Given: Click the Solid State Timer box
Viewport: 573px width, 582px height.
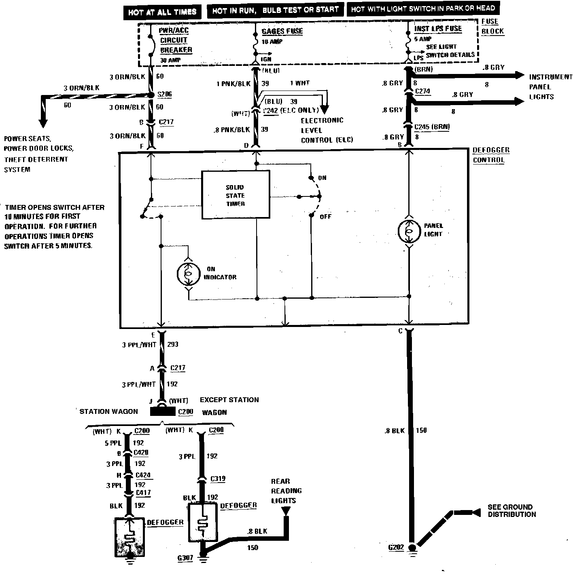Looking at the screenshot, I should coord(236,195).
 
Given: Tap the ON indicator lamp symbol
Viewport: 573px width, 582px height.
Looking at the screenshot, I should coord(189,274).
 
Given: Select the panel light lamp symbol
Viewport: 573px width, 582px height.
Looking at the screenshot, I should coord(409,231).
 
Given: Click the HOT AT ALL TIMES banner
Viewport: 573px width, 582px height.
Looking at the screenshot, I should coord(162,12).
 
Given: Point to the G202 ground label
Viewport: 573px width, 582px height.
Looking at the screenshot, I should coord(396,548).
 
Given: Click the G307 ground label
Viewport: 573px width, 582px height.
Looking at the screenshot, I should coord(185,558).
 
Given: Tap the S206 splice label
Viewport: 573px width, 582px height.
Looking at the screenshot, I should coord(164,95).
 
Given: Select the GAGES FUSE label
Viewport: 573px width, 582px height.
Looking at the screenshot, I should coord(282,31).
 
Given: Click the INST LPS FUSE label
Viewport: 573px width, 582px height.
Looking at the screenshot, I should coord(438,29).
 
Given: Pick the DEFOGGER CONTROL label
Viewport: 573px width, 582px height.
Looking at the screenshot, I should coord(491,155).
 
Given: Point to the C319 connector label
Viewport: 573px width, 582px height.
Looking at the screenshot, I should coord(218,479).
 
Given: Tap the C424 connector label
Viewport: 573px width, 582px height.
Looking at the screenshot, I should coord(143,475).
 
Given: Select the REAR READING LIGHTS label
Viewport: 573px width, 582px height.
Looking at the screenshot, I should coord(286,491).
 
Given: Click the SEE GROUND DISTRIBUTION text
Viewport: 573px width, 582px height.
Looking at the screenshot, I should coord(511,511).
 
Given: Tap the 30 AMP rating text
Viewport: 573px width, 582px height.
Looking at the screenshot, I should coord(170,60).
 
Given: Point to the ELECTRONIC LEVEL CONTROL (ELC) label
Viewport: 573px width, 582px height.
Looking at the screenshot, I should coord(327,130).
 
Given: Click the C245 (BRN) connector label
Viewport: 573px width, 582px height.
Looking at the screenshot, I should coord(432,127).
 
